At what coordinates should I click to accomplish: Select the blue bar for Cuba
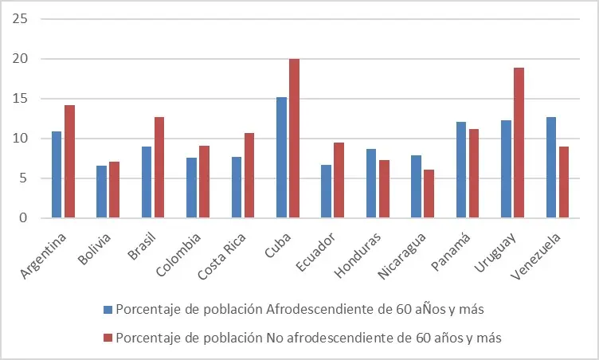281,158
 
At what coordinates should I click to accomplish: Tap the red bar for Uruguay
519,143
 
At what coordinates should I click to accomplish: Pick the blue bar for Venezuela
551,167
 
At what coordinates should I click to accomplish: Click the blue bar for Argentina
57,174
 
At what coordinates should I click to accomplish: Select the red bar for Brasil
159,167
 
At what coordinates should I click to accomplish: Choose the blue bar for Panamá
461,170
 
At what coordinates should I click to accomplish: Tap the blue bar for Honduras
371,183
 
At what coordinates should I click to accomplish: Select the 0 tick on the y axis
24,218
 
